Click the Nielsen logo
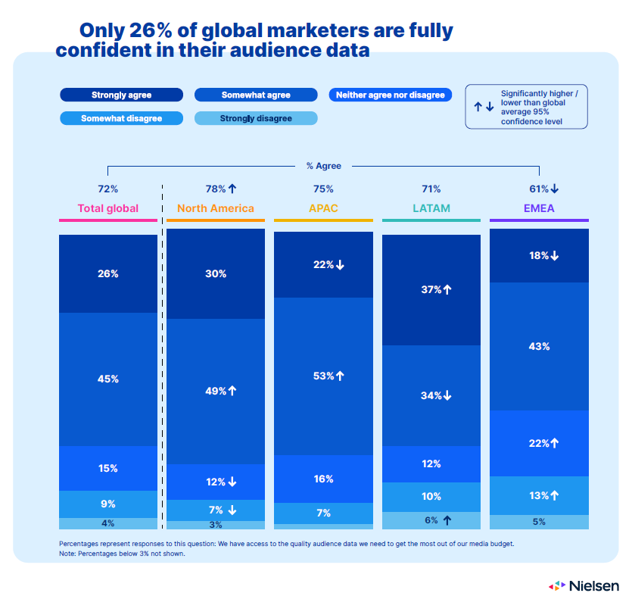(x=584, y=585)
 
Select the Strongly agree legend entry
(x=121, y=95)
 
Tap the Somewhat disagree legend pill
(x=121, y=118)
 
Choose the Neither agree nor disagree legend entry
(x=391, y=95)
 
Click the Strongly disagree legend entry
(x=256, y=118)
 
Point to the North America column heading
(x=216, y=208)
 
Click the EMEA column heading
(x=539, y=208)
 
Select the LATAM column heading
(x=431, y=208)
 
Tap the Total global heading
(x=108, y=208)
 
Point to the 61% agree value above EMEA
(x=538, y=189)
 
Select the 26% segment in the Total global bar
(x=108, y=274)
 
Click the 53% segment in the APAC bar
(x=323, y=376)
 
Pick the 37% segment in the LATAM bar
(x=431, y=290)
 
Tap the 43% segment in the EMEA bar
(x=539, y=346)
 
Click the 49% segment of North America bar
(x=216, y=391)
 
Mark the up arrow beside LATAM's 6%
(x=447, y=520)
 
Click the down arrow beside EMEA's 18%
(x=555, y=256)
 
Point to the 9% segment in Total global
(x=108, y=504)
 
